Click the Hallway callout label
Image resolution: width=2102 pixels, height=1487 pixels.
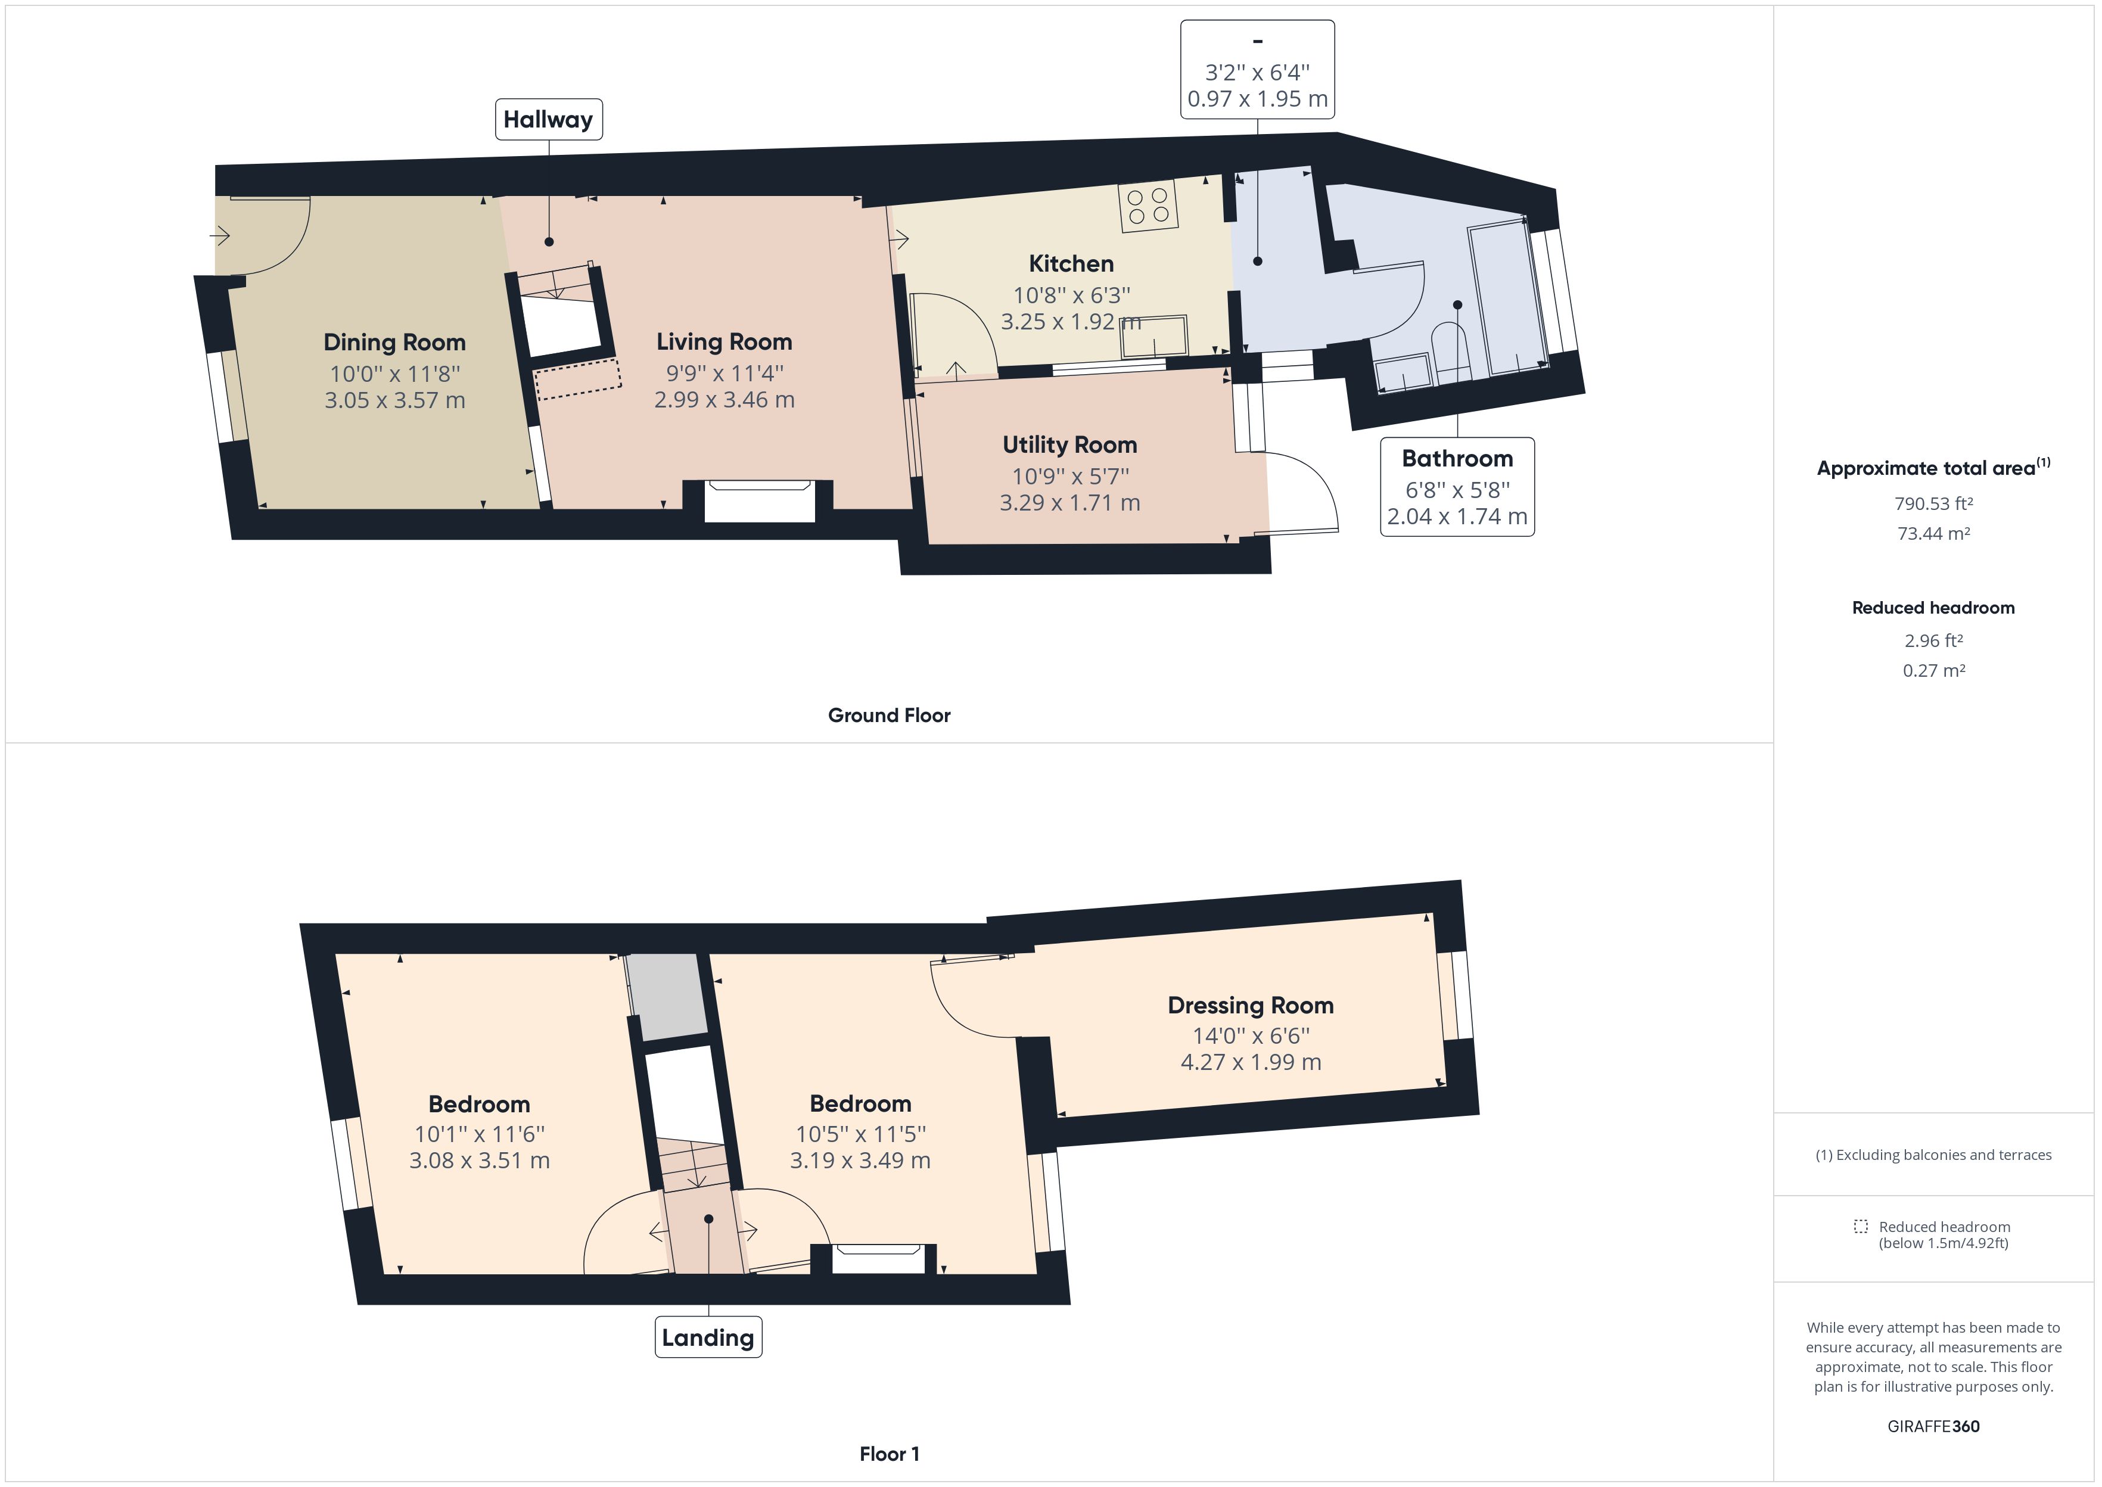click(x=548, y=119)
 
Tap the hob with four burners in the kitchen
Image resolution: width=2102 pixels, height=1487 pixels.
click(x=1147, y=207)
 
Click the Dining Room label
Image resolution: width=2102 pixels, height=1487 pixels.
click(x=394, y=343)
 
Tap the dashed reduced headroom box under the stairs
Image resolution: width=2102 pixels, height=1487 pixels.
click(x=578, y=379)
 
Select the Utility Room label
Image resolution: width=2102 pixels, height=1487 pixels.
click(x=1069, y=445)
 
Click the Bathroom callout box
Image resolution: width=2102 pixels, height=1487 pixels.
click(x=1457, y=486)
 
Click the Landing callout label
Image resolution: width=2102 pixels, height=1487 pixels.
click(x=708, y=1337)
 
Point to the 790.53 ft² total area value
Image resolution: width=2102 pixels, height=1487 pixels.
click(x=1933, y=503)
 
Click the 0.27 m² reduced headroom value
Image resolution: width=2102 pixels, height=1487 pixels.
click(x=1933, y=670)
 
